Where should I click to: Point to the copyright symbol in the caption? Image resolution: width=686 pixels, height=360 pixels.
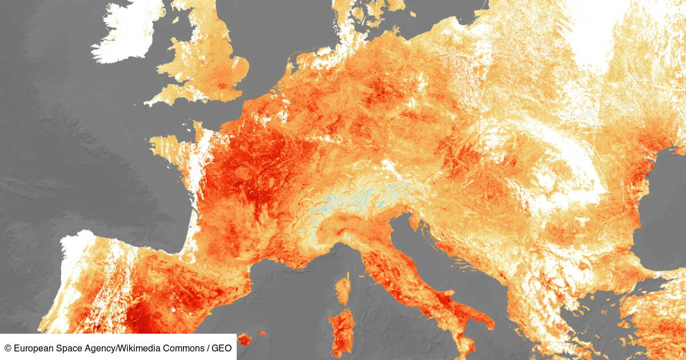pyautogui.click(x=8, y=347)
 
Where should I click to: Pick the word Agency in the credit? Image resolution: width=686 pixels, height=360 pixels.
pyautogui.click(x=86, y=347)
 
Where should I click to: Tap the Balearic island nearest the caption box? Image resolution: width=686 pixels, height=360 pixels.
pyautogui.click(x=244, y=339)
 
